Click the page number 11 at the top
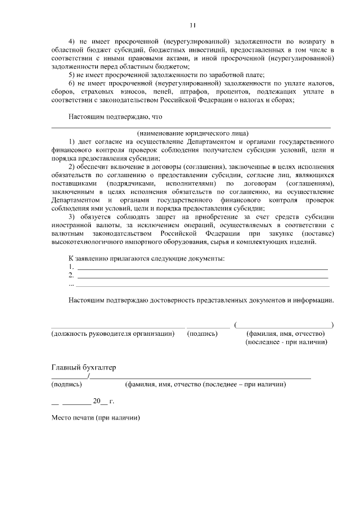(192, 25)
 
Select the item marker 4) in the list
(72, 42)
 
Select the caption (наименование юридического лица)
(191, 133)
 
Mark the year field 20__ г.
(103, 402)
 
